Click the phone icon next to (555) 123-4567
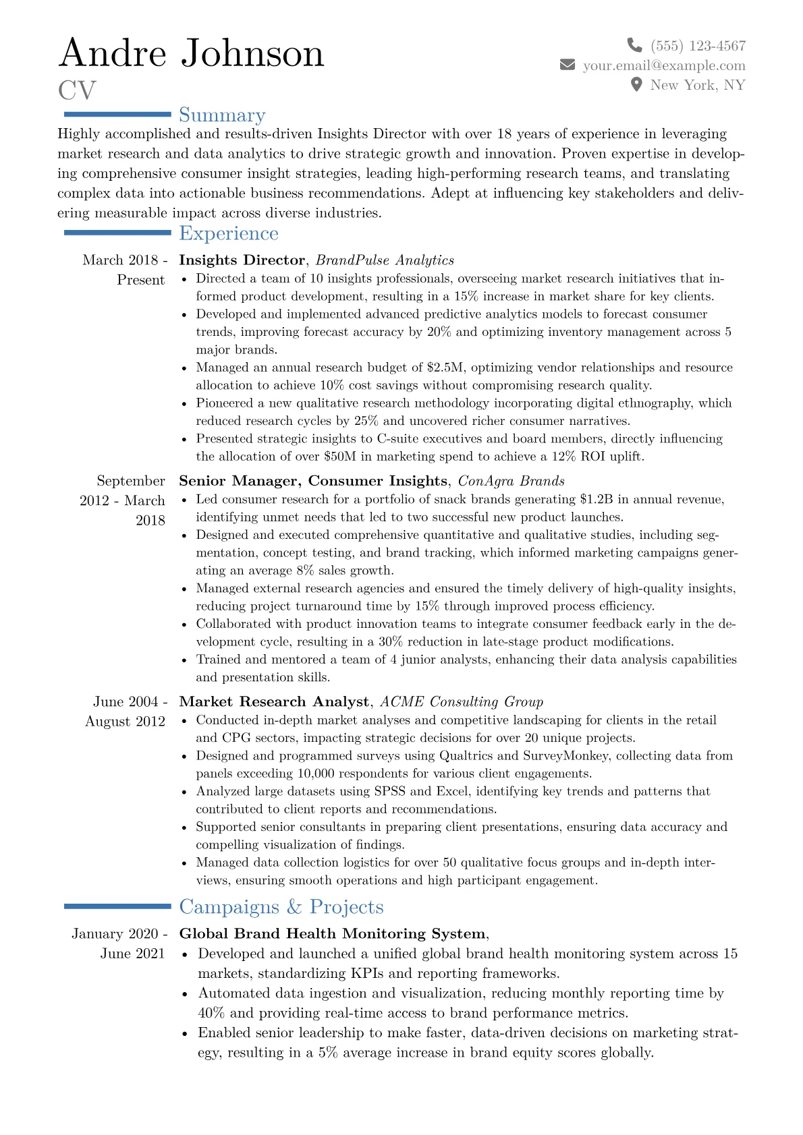point(634,45)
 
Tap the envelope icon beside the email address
point(567,65)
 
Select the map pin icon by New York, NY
point(636,84)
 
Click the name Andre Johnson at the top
point(192,53)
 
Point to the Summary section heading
point(222,115)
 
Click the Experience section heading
point(229,233)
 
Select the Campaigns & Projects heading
point(281,907)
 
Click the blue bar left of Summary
point(117,115)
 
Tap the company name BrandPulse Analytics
point(385,260)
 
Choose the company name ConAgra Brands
point(511,481)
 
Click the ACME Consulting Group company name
point(462,702)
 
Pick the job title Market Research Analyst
point(274,702)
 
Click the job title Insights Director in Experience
point(242,260)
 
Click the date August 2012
point(125,722)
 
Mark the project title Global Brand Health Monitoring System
point(332,934)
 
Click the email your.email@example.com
point(664,65)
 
